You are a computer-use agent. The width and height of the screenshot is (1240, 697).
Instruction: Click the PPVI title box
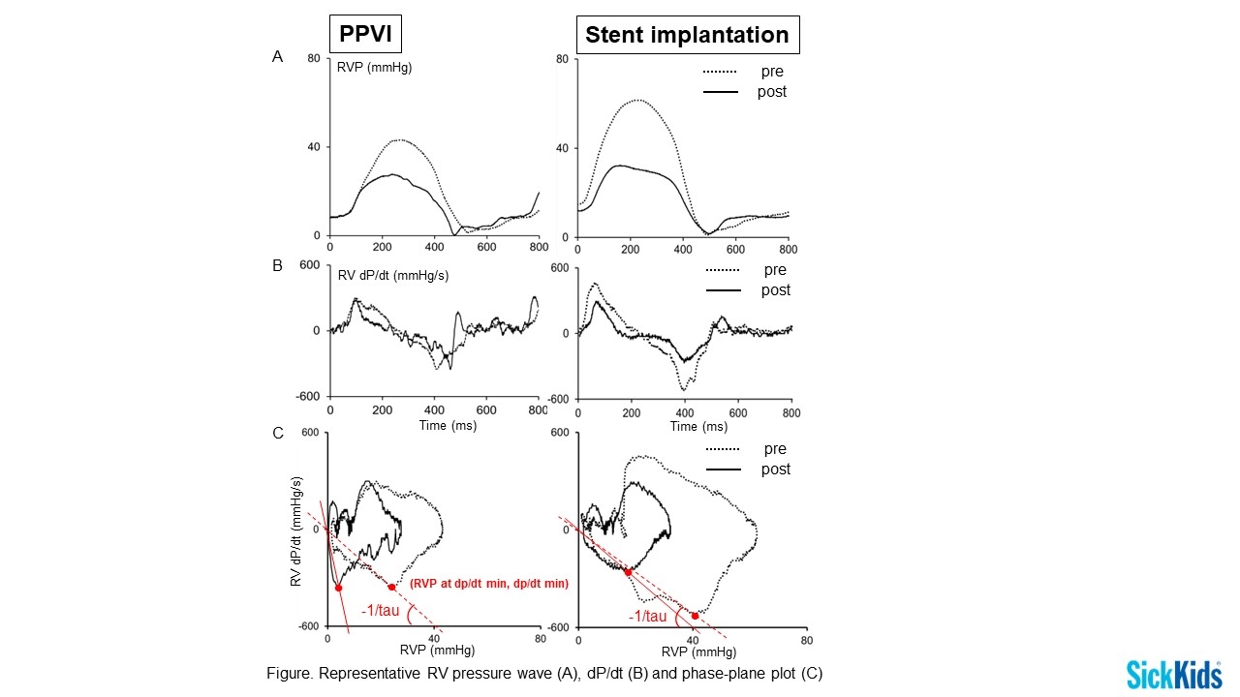tap(365, 36)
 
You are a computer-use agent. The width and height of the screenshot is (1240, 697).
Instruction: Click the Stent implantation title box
tap(688, 36)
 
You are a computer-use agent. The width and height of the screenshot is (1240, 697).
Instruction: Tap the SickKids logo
tap(1173, 674)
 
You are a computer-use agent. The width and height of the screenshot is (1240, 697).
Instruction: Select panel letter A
tap(277, 57)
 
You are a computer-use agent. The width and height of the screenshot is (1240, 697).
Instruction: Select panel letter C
tap(277, 433)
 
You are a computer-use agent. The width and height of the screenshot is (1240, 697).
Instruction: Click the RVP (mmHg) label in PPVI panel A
tap(374, 68)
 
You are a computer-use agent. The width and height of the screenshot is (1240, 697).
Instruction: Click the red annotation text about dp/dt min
tap(488, 585)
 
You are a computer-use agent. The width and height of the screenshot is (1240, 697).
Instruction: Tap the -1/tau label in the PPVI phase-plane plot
tap(380, 611)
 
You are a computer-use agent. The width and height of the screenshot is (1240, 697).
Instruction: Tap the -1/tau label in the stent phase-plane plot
tap(646, 617)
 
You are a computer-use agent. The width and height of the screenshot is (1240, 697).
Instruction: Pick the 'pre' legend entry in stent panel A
tap(772, 72)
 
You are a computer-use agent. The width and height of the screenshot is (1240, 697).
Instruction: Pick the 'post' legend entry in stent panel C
tap(775, 469)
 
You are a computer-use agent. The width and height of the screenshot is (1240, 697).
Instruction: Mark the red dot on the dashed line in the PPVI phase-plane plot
tap(391, 587)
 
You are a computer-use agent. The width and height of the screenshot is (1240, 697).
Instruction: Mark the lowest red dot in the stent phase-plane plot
tap(695, 616)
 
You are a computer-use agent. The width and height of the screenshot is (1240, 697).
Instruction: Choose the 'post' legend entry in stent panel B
tap(775, 290)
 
